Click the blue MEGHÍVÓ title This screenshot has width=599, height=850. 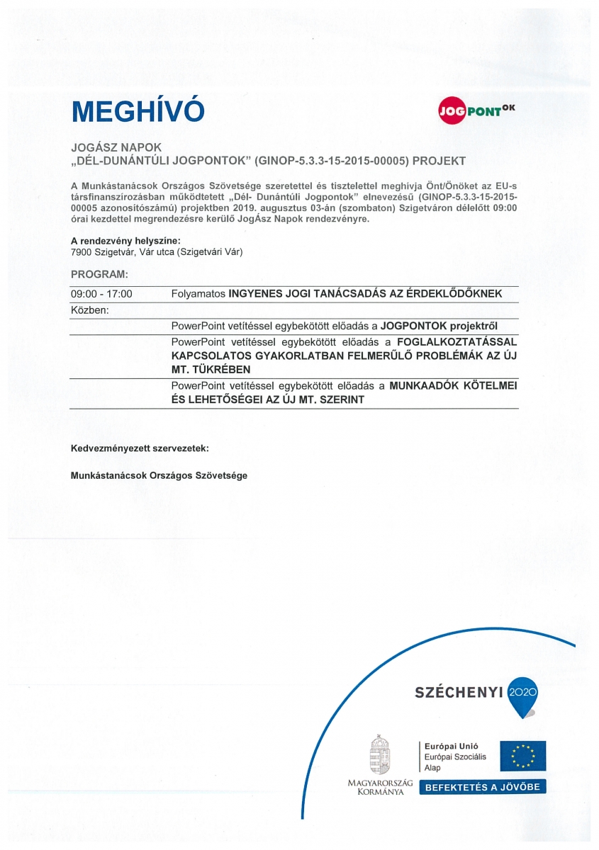(x=138, y=111)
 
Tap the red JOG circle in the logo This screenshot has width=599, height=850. (x=451, y=112)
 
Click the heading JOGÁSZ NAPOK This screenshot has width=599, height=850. (x=116, y=148)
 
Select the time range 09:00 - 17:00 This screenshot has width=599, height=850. (x=101, y=294)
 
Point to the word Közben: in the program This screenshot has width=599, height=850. (x=89, y=310)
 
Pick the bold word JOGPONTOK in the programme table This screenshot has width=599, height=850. (x=410, y=327)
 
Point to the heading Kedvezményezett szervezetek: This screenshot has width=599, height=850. (x=140, y=449)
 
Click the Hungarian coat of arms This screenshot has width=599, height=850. (x=380, y=755)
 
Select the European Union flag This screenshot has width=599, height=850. (x=522, y=755)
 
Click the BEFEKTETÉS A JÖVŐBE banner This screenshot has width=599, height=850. (x=483, y=787)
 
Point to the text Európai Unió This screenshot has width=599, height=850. (x=451, y=746)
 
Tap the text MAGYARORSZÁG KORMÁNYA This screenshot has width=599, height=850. (x=380, y=787)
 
